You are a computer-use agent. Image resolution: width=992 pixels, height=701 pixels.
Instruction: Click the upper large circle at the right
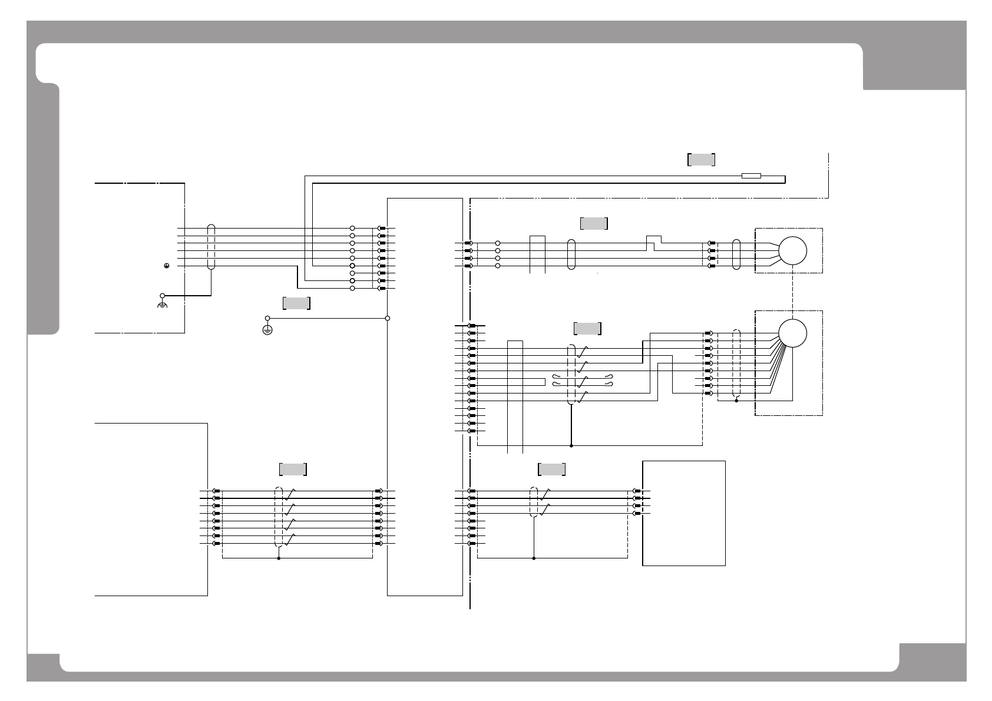[792, 251]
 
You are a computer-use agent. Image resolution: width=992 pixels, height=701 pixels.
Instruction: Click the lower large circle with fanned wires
[792, 333]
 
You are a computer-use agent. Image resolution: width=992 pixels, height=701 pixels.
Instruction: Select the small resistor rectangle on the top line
[751, 176]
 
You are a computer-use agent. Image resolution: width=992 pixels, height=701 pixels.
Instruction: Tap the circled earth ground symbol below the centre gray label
[267, 329]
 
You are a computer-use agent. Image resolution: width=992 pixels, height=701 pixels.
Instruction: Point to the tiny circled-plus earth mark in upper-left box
[167, 266]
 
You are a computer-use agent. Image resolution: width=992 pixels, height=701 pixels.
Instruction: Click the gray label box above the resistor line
[701, 159]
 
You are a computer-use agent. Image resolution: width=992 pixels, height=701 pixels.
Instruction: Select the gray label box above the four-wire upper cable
[594, 223]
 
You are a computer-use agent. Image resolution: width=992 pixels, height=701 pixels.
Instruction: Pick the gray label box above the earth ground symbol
[296, 303]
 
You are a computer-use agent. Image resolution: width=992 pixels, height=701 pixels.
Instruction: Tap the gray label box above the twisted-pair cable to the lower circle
[587, 328]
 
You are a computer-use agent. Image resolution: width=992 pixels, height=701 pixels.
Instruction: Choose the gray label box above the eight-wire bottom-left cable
[293, 469]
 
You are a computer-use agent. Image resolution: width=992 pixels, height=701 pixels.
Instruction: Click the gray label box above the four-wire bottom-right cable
[551, 469]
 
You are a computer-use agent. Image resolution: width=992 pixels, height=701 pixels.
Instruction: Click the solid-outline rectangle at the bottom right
[683, 513]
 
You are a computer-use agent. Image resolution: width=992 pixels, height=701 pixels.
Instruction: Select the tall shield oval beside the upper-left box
[211, 247]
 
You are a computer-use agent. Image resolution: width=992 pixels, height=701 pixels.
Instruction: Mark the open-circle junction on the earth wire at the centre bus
[387, 318]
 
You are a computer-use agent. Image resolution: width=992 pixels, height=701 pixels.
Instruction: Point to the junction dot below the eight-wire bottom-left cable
[279, 558]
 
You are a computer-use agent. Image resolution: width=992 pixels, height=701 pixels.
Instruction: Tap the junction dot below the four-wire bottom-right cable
[534, 558]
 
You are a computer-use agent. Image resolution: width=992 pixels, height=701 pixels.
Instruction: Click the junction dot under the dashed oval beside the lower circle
[736, 401]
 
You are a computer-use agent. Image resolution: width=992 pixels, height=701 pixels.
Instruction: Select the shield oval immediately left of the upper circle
[736, 254]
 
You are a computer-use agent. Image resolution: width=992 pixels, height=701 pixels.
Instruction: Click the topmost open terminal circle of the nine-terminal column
[352, 228]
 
